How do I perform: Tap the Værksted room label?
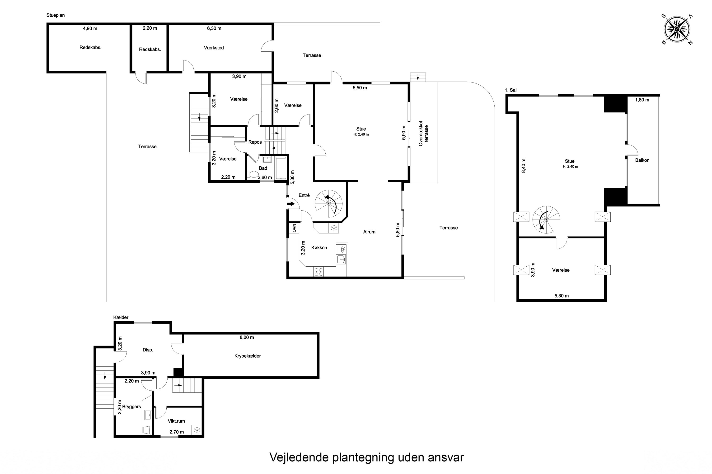coord(214,48)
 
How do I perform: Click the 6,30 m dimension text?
coord(214,28)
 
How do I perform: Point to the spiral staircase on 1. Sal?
coord(546,219)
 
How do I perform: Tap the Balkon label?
coord(642,160)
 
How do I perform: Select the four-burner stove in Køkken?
coord(318,272)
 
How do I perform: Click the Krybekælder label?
coord(247,356)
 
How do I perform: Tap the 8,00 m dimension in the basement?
coord(247,337)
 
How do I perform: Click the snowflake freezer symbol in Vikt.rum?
coord(197,430)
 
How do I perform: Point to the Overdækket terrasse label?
coord(423,133)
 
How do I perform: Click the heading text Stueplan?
coord(55,15)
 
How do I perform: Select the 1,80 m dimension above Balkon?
coord(642,100)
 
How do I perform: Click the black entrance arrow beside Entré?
coord(290,204)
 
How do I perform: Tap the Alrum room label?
coord(369,232)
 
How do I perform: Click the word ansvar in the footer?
coord(446,457)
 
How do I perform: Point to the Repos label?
coord(255,142)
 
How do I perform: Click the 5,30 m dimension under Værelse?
coord(561,296)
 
